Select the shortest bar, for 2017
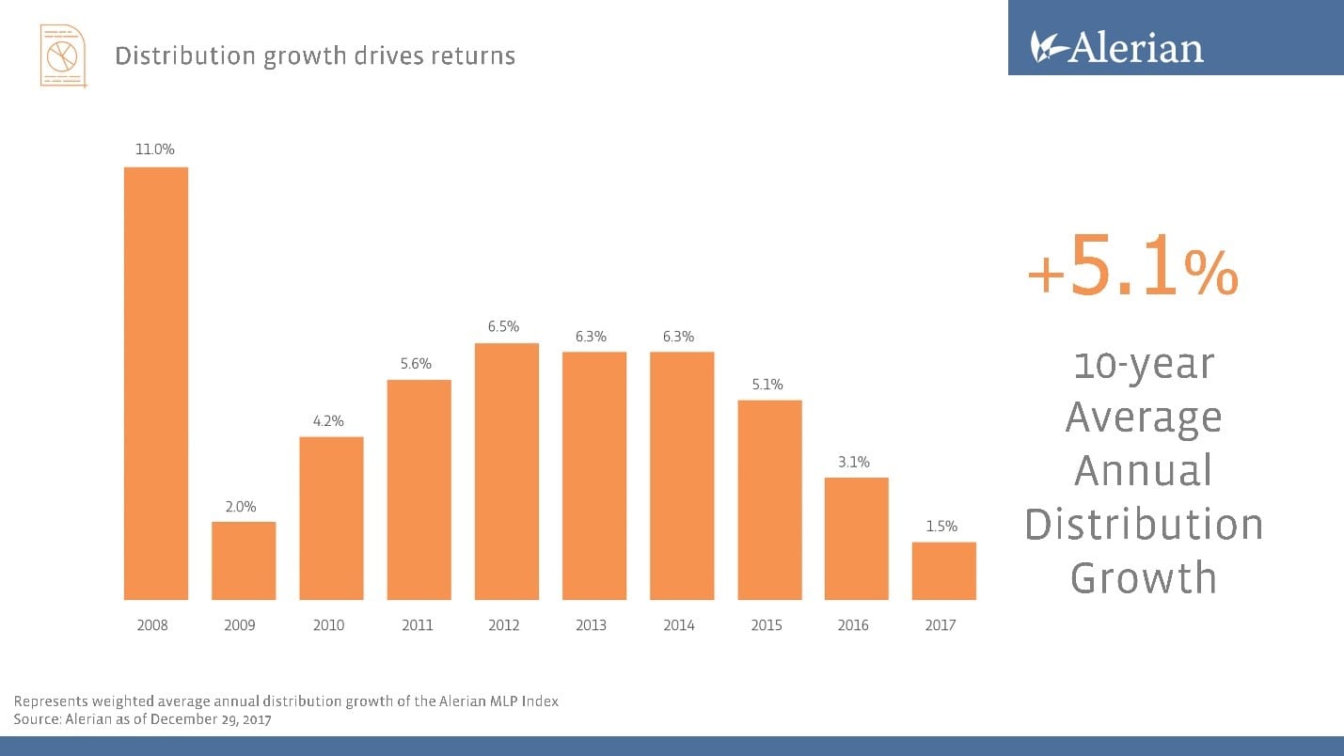(943, 571)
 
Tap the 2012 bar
(506, 471)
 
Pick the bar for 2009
(244, 560)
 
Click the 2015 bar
(769, 499)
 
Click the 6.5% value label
(504, 326)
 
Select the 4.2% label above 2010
(329, 420)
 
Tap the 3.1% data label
(854, 462)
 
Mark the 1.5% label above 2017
(941, 526)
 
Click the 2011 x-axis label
(417, 625)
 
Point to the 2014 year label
(679, 625)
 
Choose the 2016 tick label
(853, 625)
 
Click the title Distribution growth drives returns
(315, 56)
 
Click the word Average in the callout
(1143, 417)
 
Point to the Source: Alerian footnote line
(142, 719)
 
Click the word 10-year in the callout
(1143, 364)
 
